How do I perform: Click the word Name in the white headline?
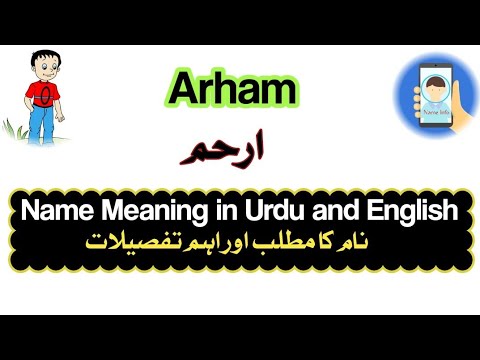point(54,211)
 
